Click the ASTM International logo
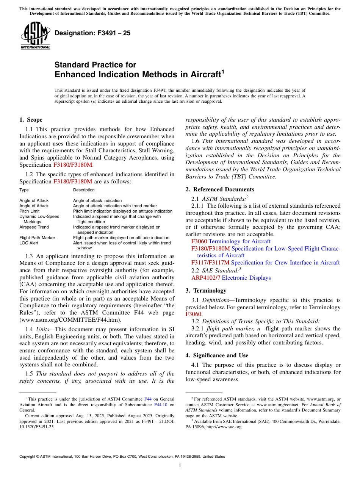35,36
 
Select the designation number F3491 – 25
92,33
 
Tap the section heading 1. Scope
31,120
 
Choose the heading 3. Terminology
206,291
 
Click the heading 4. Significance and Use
217,355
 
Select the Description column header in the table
84,190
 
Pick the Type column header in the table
24,190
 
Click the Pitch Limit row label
29,211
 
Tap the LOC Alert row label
29,243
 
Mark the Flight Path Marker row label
37,238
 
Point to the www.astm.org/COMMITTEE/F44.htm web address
70,320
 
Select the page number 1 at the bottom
180,466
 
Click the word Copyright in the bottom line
28,457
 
